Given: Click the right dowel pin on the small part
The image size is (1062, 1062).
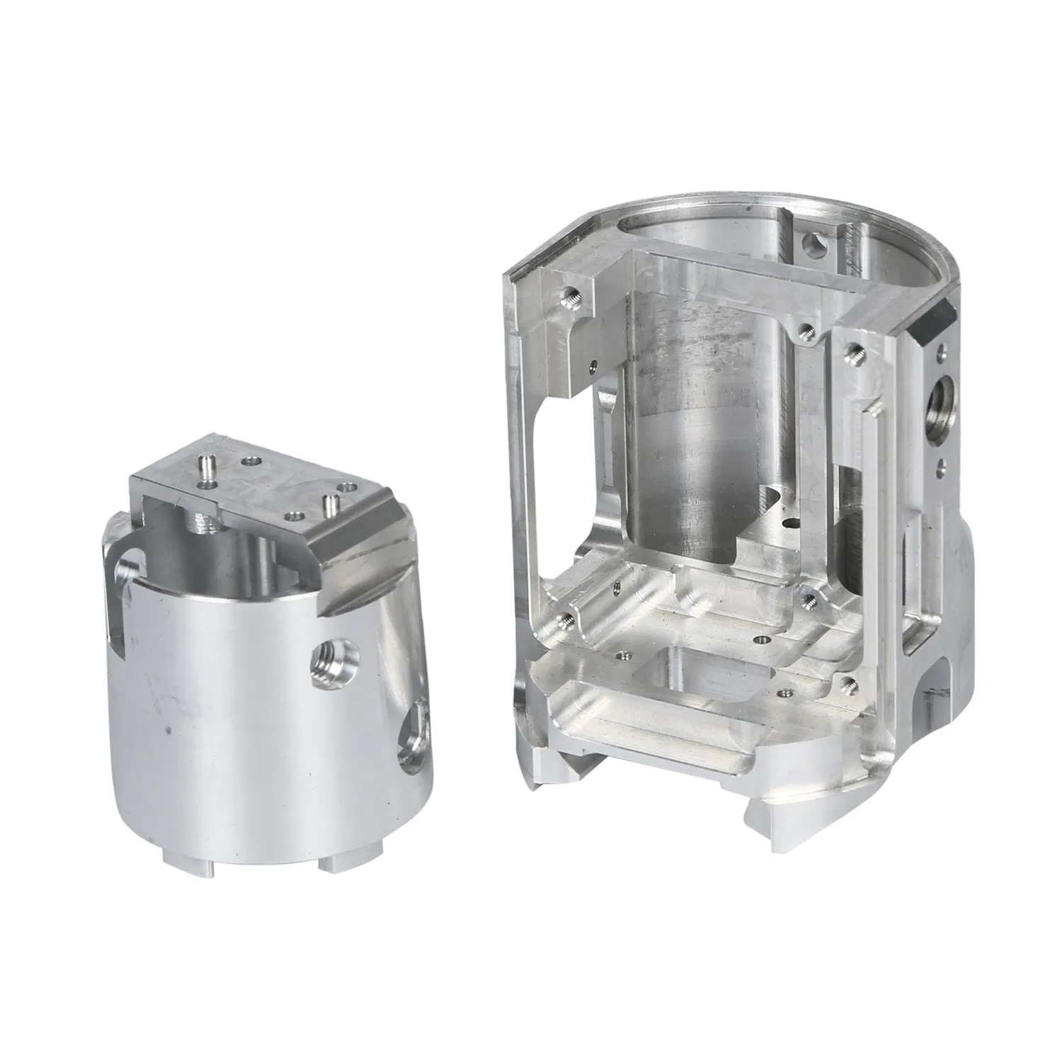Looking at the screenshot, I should pos(329,505).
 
